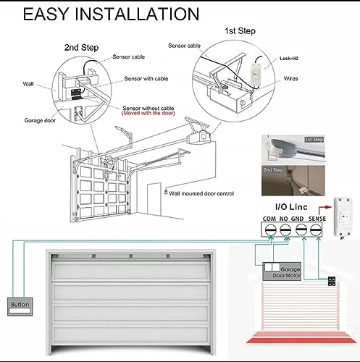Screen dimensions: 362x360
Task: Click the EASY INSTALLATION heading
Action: point(111,15)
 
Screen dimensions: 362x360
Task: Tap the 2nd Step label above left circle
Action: point(78,47)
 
